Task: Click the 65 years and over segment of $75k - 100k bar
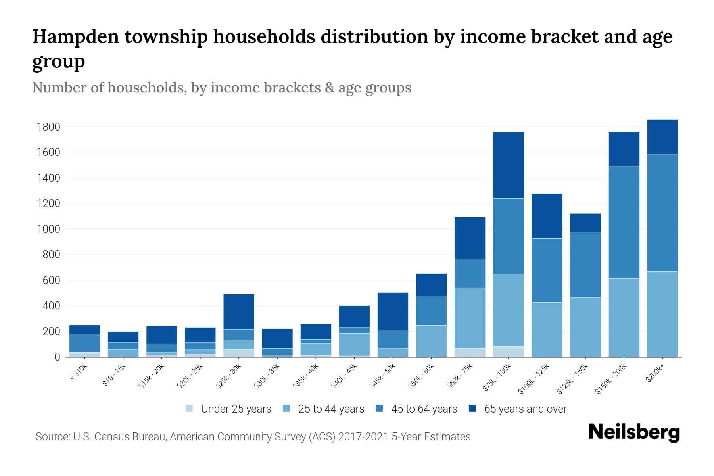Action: tap(508, 165)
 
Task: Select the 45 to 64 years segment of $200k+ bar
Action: tap(662, 213)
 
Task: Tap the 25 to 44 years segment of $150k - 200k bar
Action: tap(624, 317)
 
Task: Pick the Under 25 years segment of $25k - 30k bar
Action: tap(238, 353)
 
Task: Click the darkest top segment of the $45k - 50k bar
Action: tap(393, 311)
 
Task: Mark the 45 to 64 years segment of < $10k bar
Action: tap(84, 343)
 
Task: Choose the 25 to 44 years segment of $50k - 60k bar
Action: tap(431, 341)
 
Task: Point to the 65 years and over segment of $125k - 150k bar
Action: tap(585, 223)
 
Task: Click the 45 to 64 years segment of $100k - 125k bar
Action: tap(547, 270)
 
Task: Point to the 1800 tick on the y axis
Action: tap(48, 127)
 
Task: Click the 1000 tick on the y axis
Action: tap(48, 229)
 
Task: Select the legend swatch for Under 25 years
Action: tap(190, 409)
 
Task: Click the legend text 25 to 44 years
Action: tap(331, 409)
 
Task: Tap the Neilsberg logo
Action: tap(634, 433)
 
